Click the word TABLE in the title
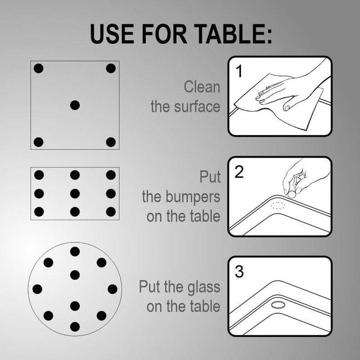click(x=226, y=34)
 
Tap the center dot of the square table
click(x=75, y=105)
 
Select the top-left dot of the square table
click(x=39, y=68)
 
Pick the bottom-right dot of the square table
click(x=111, y=142)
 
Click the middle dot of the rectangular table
click(x=75, y=193)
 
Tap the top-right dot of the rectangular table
click(x=111, y=175)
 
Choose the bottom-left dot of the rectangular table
click(x=39, y=211)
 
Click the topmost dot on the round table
click(x=75, y=252)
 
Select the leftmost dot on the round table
click(x=38, y=289)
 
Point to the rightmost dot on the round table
click(x=112, y=289)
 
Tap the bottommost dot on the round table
click(x=75, y=326)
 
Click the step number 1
click(x=239, y=72)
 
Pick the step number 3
click(x=239, y=272)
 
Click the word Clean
click(x=202, y=87)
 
